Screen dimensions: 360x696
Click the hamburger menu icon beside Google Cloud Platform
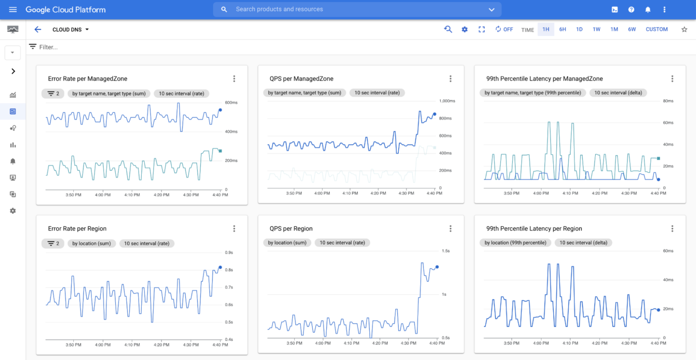(13, 10)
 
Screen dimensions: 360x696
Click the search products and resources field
(353, 10)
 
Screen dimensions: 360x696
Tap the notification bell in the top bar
(648, 10)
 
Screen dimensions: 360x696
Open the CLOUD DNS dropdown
(71, 29)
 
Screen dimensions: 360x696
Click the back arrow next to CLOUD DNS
(38, 29)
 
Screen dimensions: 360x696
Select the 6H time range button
(562, 29)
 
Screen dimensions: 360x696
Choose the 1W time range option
(596, 29)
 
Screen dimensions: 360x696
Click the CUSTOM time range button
(657, 29)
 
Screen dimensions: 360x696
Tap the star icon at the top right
(684, 29)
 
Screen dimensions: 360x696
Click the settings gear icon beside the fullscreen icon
(464, 29)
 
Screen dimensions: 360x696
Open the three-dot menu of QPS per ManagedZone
(450, 79)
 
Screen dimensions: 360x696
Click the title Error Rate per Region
(77, 229)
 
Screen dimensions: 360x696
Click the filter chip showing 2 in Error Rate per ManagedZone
(53, 94)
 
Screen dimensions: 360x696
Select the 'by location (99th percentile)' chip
(515, 243)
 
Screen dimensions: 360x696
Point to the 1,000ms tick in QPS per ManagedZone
(447, 101)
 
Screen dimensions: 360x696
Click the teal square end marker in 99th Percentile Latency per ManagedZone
(658, 158)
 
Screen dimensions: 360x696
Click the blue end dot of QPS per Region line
(437, 267)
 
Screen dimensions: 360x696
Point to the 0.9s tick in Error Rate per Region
(229, 253)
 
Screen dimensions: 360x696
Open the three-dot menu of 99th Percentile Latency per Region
(672, 229)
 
